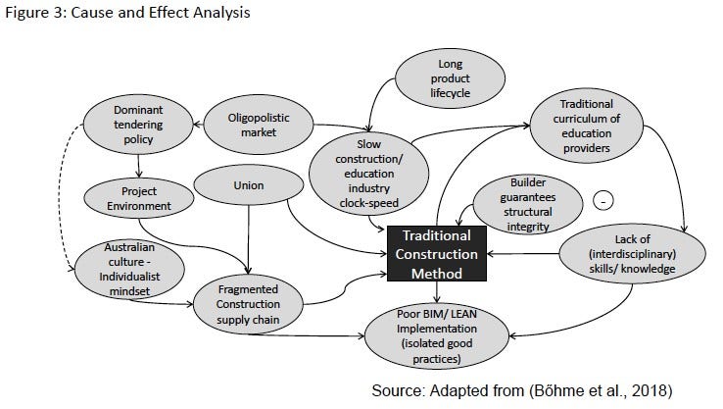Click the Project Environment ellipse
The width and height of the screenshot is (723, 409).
coord(132,198)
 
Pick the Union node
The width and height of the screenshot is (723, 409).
coord(249,184)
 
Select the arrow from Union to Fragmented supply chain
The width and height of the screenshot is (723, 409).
coord(251,241)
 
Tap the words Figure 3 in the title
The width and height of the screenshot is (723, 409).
coord(29,13)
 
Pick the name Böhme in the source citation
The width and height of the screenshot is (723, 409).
coord(548,390)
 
